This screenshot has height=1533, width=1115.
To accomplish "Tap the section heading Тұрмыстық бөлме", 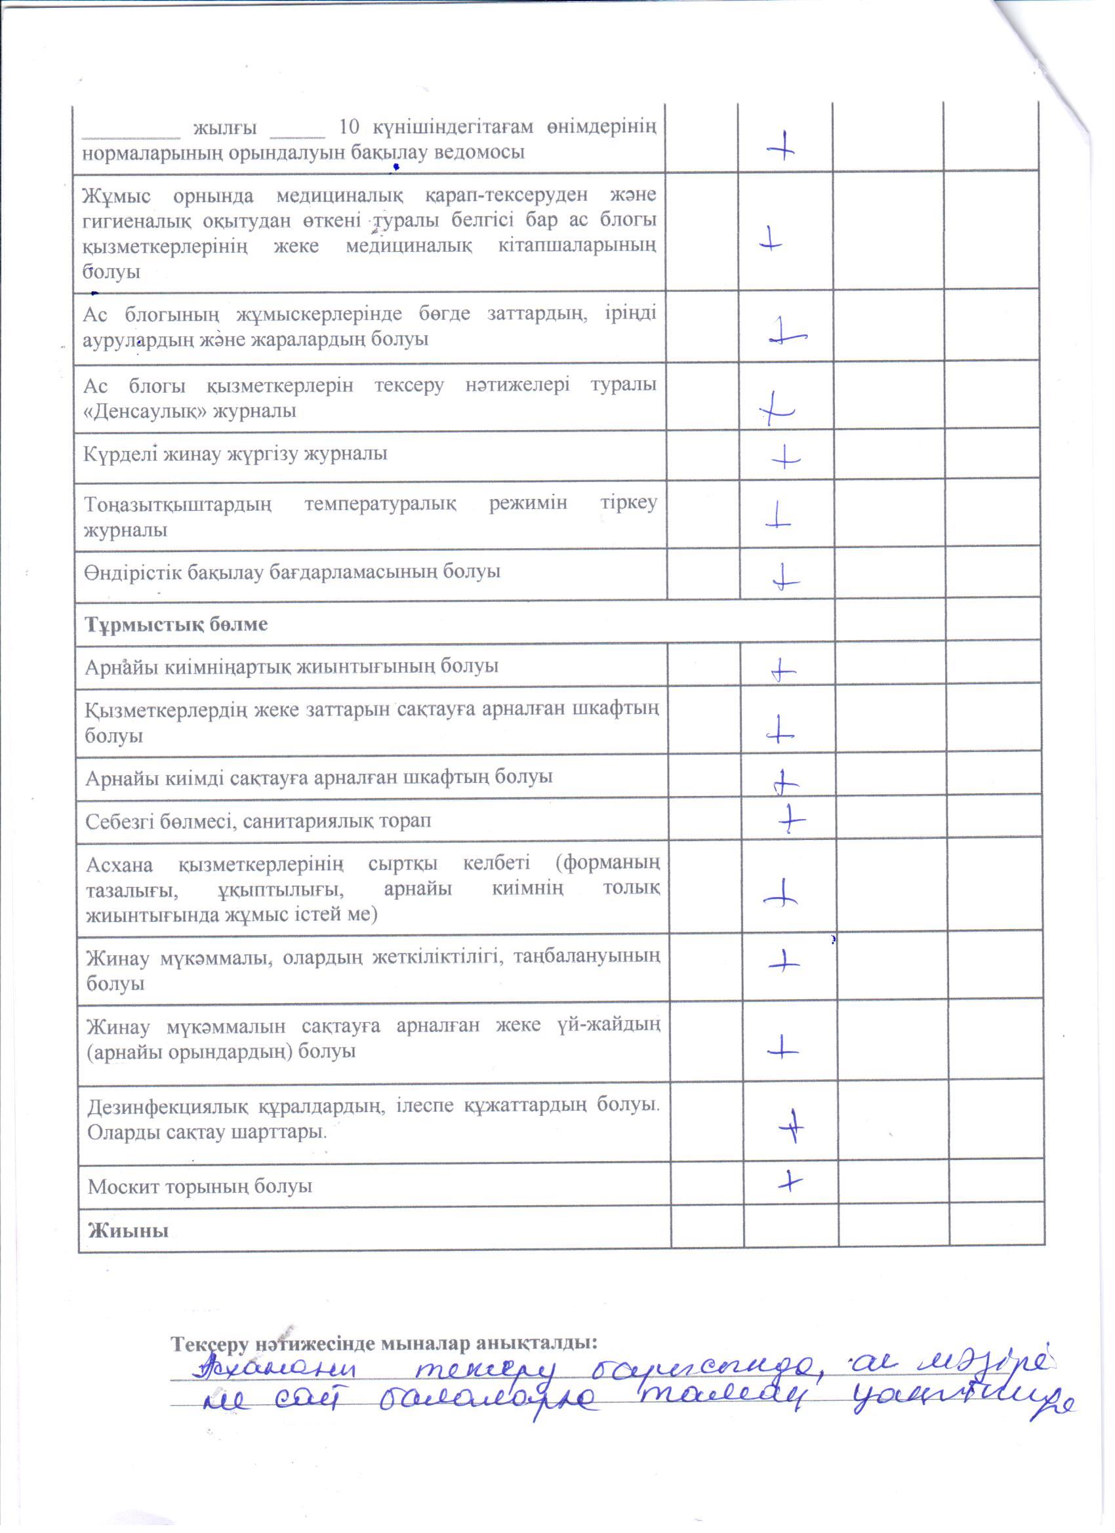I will point(176,624).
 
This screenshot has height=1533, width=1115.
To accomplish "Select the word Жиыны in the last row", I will point(128,1230).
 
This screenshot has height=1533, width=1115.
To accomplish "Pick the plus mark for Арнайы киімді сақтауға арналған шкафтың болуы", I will point(784,783).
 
